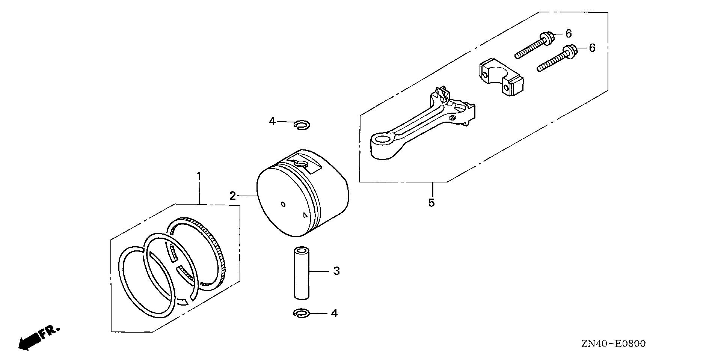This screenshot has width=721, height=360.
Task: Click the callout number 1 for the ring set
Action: [x=199, y=176]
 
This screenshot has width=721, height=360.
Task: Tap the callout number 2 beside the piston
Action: [x=233, y=196]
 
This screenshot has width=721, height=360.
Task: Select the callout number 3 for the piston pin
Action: [x=336, y=271]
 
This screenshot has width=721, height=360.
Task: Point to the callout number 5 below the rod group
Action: [x=432, y=203]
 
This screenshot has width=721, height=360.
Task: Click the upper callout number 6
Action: [x=569, y=34]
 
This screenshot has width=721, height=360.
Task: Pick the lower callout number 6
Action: [x=592, y=48]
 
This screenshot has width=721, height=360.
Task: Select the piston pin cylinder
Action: [x=301, y=273]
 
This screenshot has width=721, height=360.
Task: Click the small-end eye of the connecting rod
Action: [x=382, y=141]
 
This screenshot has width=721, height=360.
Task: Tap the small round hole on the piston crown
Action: [x=283, y=205]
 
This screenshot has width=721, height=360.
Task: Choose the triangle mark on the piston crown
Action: [x=305, y=215]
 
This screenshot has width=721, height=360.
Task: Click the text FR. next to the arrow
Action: [x=49, y=332]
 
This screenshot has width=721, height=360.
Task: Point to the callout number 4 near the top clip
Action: [x=272, y=121]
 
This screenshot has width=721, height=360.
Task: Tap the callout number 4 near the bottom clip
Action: [x=334, y=313]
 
